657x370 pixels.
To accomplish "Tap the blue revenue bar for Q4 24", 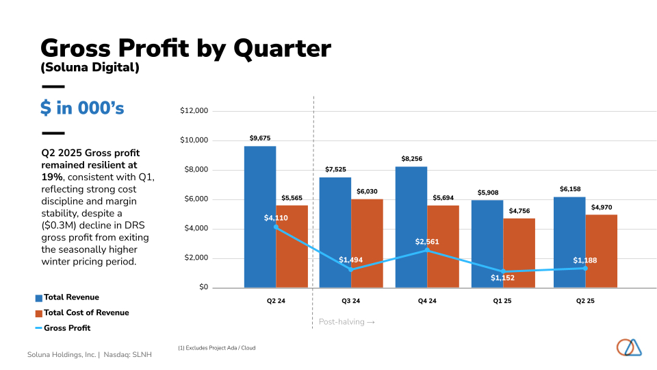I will [411, 227].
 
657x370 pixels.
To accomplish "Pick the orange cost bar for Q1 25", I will [519, 253].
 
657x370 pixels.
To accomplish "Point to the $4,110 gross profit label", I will [276, 218].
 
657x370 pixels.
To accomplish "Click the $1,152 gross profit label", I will [502, 277].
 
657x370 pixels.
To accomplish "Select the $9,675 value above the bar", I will [260, 138].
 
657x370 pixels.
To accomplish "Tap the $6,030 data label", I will [367, 191].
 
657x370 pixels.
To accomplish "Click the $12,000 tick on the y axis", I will [194, 111].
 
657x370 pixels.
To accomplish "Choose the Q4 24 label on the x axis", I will [426, 300].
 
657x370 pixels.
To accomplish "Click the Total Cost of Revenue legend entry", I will [86, 312].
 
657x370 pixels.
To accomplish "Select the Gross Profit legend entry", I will [66, 328].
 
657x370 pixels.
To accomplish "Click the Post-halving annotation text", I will [346, 321].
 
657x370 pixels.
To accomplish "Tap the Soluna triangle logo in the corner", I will [629, 347].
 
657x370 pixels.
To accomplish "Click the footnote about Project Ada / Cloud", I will [216, 348].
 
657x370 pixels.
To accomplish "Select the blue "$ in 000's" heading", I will [82, 108].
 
